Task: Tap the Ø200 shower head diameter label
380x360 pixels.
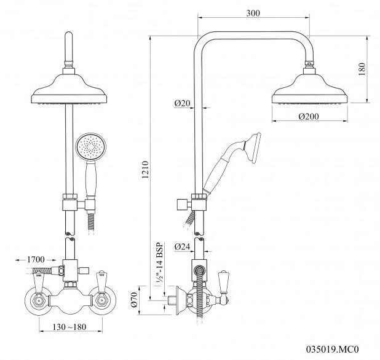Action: pos(309,115)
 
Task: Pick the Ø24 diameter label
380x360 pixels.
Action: pos(182,247)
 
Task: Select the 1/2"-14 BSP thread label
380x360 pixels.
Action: pos(156,262)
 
